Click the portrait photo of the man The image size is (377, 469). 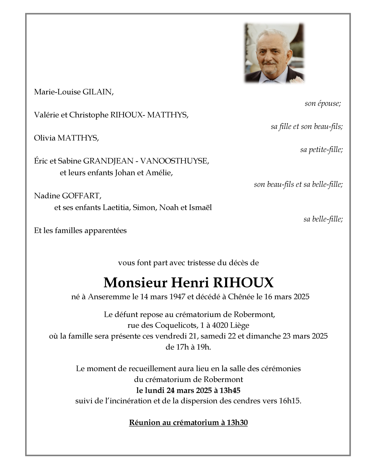click(274, 53)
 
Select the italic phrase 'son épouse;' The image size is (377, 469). click(323, 103)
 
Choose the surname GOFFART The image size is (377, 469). click(81, 196)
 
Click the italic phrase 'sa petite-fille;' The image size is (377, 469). click(321, 150)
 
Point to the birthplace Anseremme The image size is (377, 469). click(109, 297)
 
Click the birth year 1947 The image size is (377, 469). click(177, 297)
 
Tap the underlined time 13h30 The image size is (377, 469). click(237, 423)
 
